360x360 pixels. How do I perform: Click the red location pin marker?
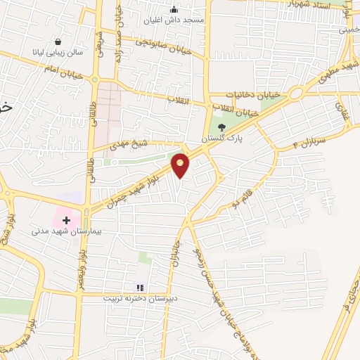pyautogui.click(x=181, y=165)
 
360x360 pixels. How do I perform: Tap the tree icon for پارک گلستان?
pyautogui.click(x=222, y=127)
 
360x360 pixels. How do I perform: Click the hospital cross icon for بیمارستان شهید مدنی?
pyautogui.click(x=67, y=220)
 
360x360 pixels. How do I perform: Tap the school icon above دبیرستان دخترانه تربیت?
pyautogui.click(x=139, y=288)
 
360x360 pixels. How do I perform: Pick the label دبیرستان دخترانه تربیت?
pyautogui.click(x=139, y=298)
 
